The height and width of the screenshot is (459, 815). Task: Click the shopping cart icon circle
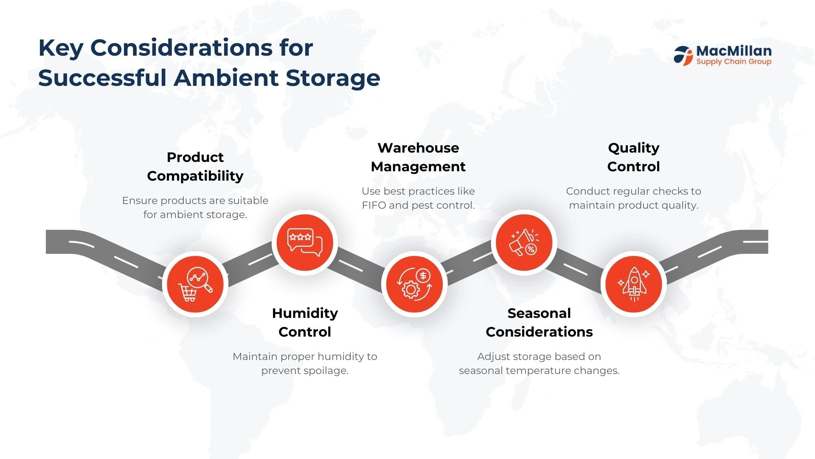point(195,284)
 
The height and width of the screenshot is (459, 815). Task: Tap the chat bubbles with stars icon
point(305,243)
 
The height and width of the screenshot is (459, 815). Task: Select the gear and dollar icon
point(414,284)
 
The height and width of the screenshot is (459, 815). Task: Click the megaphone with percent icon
point(524,243)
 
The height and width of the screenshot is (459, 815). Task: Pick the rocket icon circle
point(634,284)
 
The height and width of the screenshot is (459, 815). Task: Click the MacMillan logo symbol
point(683,56)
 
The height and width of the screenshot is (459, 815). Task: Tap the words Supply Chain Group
point(734,62)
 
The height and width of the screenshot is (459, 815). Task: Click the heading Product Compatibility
point(195,167)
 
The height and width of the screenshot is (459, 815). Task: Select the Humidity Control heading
point(305,323)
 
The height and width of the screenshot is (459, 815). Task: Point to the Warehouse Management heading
point(418,157)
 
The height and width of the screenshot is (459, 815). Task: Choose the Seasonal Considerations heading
point(539,323)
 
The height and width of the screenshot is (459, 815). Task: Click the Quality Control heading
point(634,157)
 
